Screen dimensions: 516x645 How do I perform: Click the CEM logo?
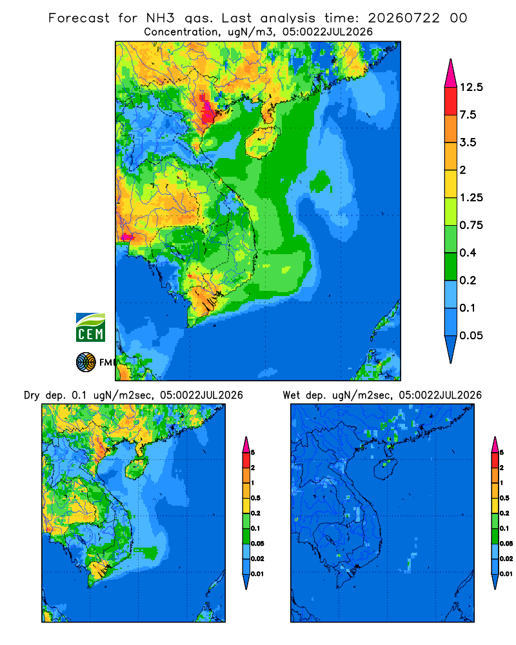point(90,327)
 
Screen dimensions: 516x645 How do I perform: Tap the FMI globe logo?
point(86,362)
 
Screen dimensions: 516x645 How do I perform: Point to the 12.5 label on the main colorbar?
point(471,87)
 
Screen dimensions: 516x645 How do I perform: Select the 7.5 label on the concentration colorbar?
point(468,115)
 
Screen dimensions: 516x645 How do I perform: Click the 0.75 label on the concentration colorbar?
point(471,225)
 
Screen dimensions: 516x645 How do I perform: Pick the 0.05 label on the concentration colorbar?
point(471,335)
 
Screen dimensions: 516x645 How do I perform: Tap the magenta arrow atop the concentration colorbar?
point(451,74)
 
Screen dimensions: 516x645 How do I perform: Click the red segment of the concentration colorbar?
point(451,101)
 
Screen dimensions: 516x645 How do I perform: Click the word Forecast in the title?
point(79,18)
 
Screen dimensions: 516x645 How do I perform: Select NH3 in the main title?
point(161,18)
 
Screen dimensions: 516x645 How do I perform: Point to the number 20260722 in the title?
point(404,18)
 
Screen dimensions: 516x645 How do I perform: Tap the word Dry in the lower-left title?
point(31,395)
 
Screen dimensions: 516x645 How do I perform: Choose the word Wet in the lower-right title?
point(292,395)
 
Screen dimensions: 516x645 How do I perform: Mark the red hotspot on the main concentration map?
point(206,108)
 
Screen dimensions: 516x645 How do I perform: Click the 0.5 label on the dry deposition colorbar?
point(255,498)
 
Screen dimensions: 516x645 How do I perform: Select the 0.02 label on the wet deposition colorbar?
point(506,559)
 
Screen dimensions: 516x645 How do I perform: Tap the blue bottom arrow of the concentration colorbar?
point(451,349)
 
